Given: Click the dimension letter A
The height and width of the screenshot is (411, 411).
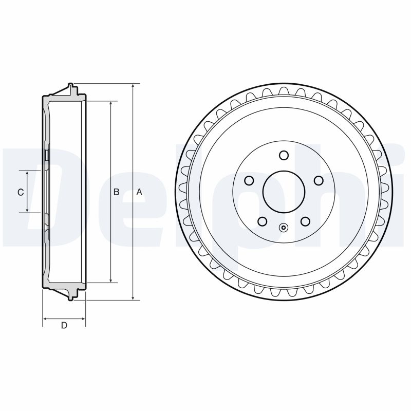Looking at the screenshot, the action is point(139,192).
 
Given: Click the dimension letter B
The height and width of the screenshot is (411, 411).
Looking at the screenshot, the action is point(117,192).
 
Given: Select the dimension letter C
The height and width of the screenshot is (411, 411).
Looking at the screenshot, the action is point(21,192).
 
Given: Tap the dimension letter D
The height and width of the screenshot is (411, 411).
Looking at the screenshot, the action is point(64,325).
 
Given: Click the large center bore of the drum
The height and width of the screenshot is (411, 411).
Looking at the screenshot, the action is point(284,191).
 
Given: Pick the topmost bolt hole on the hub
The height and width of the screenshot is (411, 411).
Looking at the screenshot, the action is point(284,155).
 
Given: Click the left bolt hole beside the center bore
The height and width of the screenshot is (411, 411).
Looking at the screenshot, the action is point(249,180).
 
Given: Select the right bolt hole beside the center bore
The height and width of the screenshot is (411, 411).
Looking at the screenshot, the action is point(319,180).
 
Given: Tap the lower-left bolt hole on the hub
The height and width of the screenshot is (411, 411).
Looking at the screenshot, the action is point(263,221).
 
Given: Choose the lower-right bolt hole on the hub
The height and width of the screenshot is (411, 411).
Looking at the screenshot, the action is point(305,221).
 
